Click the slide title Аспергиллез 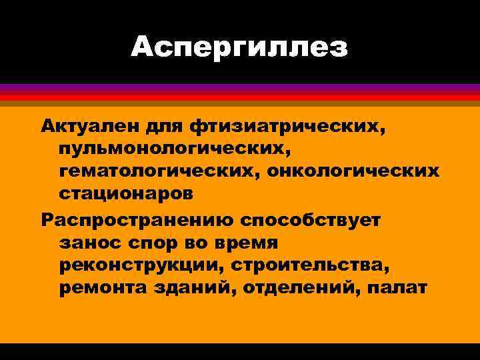click(239, 47)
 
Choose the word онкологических click(353, 171)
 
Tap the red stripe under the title click(240, 97)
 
